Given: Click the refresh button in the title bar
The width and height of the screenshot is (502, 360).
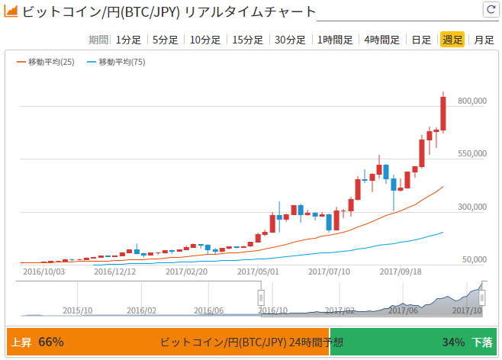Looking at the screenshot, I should click(490, 10).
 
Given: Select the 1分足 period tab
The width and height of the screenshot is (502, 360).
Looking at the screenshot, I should click(128, 40).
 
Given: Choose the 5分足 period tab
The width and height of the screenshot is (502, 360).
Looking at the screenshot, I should click(165, 40).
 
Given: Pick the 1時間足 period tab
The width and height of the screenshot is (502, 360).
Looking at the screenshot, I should click(335, 40).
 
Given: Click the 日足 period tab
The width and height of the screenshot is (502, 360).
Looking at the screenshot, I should click(420, 40).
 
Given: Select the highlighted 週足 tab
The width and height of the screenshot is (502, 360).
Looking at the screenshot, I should click(452, 40).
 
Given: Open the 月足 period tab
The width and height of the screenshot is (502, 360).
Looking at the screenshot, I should click(483, 40).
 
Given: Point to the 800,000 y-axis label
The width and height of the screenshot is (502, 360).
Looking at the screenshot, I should click(472, 101).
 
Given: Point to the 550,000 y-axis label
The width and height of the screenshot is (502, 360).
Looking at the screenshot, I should click(472, 153).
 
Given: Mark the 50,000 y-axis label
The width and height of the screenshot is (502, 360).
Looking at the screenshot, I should click(475, 259).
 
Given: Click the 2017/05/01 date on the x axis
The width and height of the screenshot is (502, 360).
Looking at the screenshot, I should click(258, 271).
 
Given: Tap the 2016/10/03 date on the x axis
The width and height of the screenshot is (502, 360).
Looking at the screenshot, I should click(44, 271).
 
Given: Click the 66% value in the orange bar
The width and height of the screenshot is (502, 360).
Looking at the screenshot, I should click(51, 342).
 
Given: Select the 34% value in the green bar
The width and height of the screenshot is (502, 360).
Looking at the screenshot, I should click(453, 342).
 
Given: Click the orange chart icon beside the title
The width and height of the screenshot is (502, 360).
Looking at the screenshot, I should click(11, 12).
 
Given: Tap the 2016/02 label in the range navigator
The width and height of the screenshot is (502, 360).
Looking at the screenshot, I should click(142, 310).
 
